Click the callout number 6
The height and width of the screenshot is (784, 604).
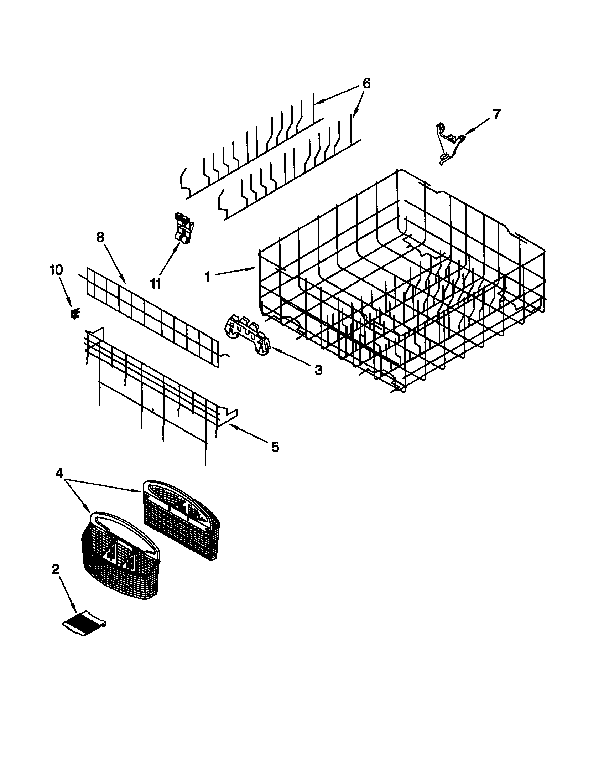pos(365,83)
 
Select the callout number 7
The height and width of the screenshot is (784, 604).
pos(495,114)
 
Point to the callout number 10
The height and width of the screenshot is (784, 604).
pos(56,270)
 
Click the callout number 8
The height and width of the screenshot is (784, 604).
pos(100,237)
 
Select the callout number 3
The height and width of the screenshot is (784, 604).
pos(318,370)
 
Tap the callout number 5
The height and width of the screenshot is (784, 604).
pos(275,447)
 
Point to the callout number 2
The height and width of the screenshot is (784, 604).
pos(55,569)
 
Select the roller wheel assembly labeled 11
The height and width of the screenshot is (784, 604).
pos(183,229)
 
